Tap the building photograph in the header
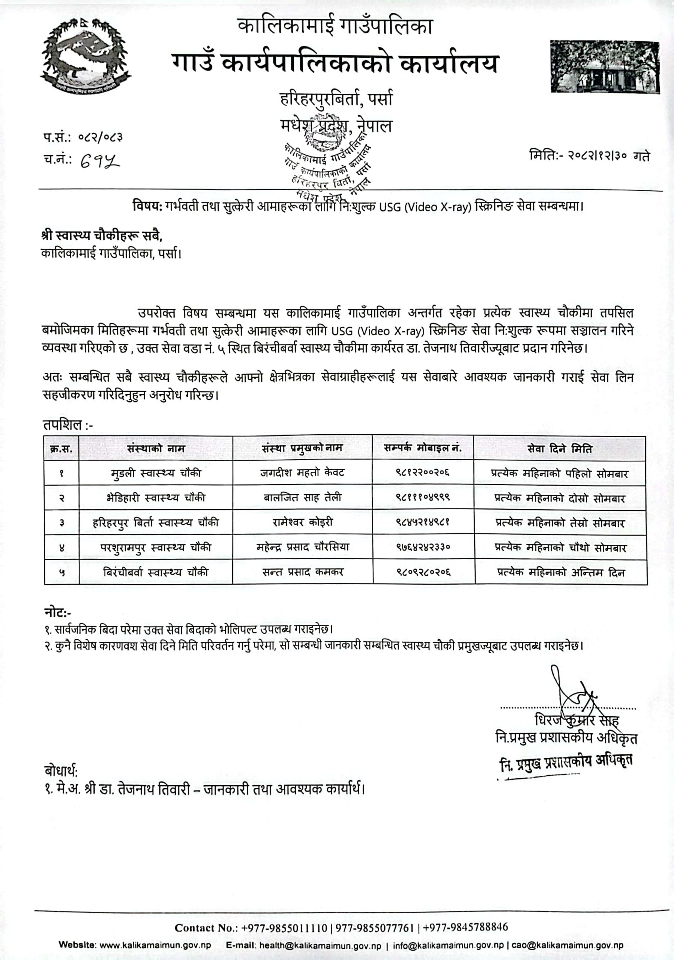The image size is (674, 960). pos(604,67)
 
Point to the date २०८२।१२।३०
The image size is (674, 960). pos(598,156)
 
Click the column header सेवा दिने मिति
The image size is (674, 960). pos(560,448)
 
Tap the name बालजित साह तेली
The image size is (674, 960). pos(302,498)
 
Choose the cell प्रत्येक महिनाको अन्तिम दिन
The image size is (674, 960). pos(561,572)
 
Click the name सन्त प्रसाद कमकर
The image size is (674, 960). pos(303,572)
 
